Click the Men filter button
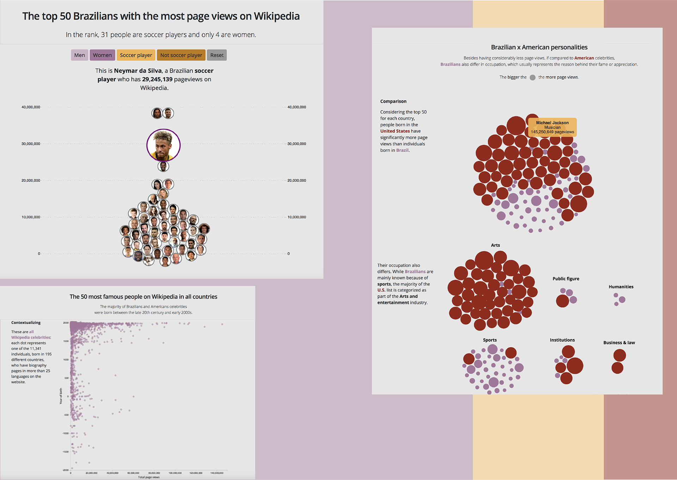coord(79,55)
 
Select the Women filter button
coord(102,55)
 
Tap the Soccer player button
coord(136,55)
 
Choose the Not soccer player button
coord(181,55)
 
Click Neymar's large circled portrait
coord(163,145)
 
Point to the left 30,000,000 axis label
coord(31,144)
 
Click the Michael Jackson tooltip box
coord(552,127)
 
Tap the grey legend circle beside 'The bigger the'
coord(532,78)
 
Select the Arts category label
coord(495,245)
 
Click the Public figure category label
coord(566,279)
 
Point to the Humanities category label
coord(621,287)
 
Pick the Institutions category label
coord(562,340)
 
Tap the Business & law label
coord(619,342)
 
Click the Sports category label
coord(490,340)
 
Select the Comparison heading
coord(393,101)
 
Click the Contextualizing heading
coord(26,322)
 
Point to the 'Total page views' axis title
coord(149,477)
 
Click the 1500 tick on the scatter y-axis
coord(66,341)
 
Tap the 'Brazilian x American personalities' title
coord(539,47)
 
